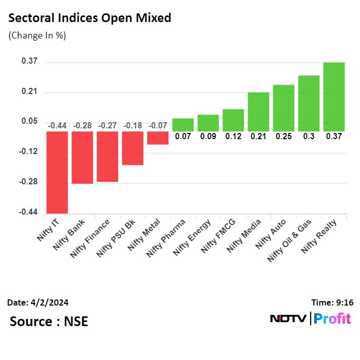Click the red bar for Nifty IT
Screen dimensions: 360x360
[57, 172]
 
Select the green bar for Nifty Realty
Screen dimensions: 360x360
[334, 97]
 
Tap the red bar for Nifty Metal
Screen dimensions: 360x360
[158, 138]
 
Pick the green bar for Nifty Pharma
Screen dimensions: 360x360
[183, 125]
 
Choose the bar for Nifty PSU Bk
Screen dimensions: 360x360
[132, 148]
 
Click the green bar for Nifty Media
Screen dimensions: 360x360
[258, 111]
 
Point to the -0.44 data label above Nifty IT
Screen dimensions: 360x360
[57, 125]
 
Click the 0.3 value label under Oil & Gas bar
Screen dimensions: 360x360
[309, 137]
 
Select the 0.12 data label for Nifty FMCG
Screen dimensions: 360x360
[233, 137]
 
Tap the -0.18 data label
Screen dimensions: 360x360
[132, 125]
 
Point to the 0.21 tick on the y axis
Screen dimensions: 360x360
[30, 92]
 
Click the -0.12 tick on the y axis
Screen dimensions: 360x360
[29, 153]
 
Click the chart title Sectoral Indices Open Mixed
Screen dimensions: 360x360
[90, 18]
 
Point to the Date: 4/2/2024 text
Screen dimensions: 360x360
[38, 302]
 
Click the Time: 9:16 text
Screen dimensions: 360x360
[332, 302]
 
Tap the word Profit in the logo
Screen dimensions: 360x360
[332, 318]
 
